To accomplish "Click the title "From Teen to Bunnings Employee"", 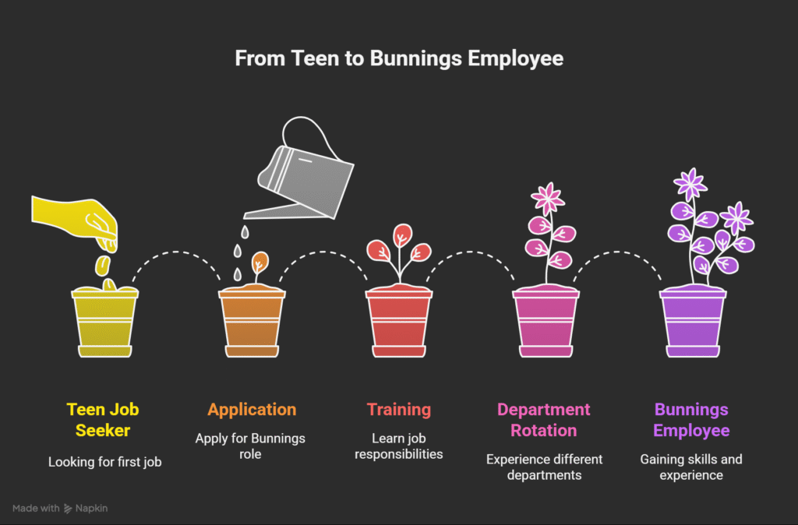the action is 399,58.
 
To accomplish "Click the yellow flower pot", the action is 105,322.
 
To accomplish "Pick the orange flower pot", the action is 252,322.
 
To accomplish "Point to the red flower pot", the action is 399,322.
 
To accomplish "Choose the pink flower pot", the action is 546,322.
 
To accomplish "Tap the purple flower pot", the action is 693,322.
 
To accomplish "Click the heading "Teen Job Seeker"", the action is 103,420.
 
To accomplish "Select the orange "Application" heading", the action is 252,410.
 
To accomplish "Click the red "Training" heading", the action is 399,410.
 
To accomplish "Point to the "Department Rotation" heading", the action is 543,420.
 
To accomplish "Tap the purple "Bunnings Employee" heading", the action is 691,420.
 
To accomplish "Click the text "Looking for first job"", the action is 105,462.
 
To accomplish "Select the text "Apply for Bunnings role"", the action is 250,446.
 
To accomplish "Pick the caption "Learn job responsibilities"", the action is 399,446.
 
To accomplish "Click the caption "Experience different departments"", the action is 544,467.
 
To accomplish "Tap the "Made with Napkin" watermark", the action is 60,508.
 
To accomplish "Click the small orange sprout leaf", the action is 260,263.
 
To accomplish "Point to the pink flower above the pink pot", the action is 548,199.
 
